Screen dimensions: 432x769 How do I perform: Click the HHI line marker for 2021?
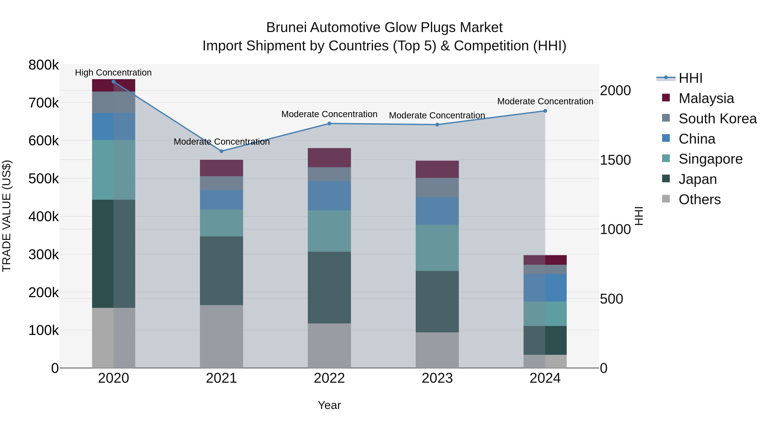pyautogui.click(x=222, y=151)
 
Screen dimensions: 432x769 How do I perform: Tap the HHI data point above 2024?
pyautogui.click(x=545, y=111)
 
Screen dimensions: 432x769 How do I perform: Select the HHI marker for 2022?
pyautogui.click(x=329, y=124)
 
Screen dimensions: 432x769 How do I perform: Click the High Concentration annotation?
pyautogui.click(x=113, y=73)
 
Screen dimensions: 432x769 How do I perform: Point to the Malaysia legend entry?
pyautogui.click(x=706, y=98)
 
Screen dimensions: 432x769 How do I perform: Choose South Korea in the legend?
pyautogui.click(x=717, y=119)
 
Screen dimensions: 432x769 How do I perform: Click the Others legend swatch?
pyautogui.click(x=666, y=199)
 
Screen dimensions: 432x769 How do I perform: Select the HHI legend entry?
pyautogui.click(x=690, y=78)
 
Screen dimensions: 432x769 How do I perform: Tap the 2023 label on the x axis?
pyautogui.click(x=437, y=378)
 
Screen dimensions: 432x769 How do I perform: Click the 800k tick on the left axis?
pyautogui.click(x=44, y=65)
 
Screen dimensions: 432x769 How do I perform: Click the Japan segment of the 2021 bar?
pyautogui.click(x=222, y=271)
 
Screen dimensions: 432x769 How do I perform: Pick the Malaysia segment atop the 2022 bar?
pyautogui.click(x=329, y=157)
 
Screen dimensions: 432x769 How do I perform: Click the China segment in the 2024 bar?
pyautogui.click(x=545, y=288)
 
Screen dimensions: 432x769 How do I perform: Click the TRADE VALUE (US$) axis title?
pyautogui.click(x=7, y=216)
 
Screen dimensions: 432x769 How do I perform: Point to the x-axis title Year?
pyautogui.click(x=329, y=405)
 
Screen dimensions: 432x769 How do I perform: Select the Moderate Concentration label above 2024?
pyautogui.click(x=545, y=101)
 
